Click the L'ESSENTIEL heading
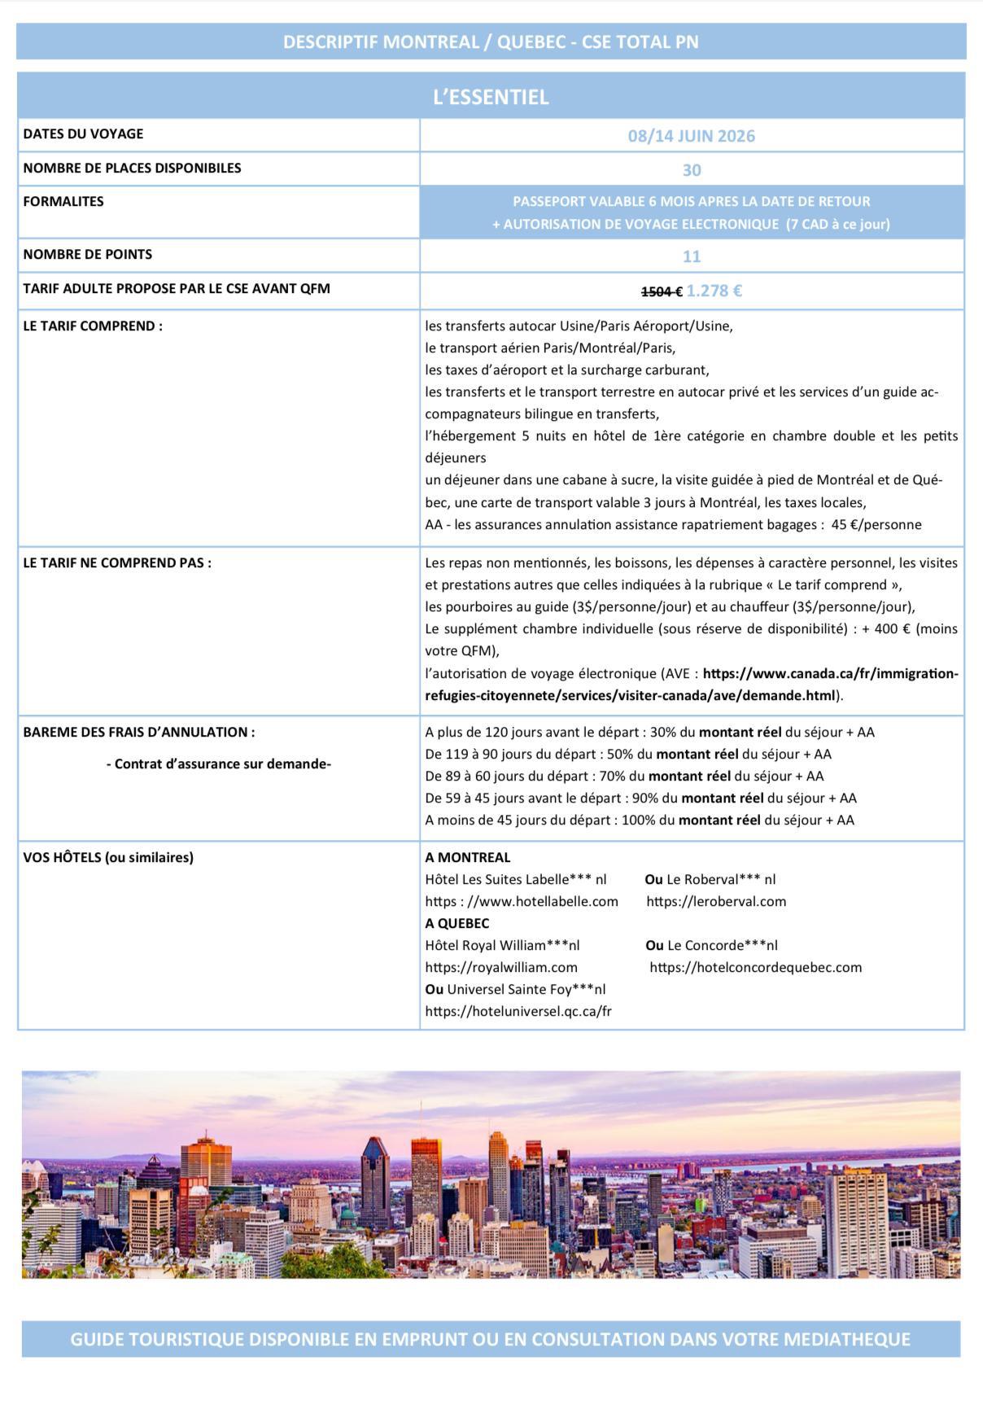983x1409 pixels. tap(491, 97)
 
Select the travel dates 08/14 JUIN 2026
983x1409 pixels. tap(691, 136)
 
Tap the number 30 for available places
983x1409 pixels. tap(691, 170)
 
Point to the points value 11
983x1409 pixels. tap(691, 256)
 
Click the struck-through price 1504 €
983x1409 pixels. tap(661, 291)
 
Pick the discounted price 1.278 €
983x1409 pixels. tap(714, 291)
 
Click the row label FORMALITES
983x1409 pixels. tap(63, 201)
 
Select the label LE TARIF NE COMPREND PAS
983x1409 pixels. tap(117, 562)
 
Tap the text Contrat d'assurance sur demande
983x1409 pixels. tap(218, 764)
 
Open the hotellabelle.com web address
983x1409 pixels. tap(522, 901)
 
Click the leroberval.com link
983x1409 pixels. tap(716, 901)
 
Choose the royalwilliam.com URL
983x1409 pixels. tap(501, 967)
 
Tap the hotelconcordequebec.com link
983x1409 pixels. tap(755, 967)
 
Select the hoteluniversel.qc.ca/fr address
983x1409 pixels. tap(518, 1011)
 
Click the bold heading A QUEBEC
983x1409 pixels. tap(457, 923)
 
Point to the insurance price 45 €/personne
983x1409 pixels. tap(876, 524)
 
